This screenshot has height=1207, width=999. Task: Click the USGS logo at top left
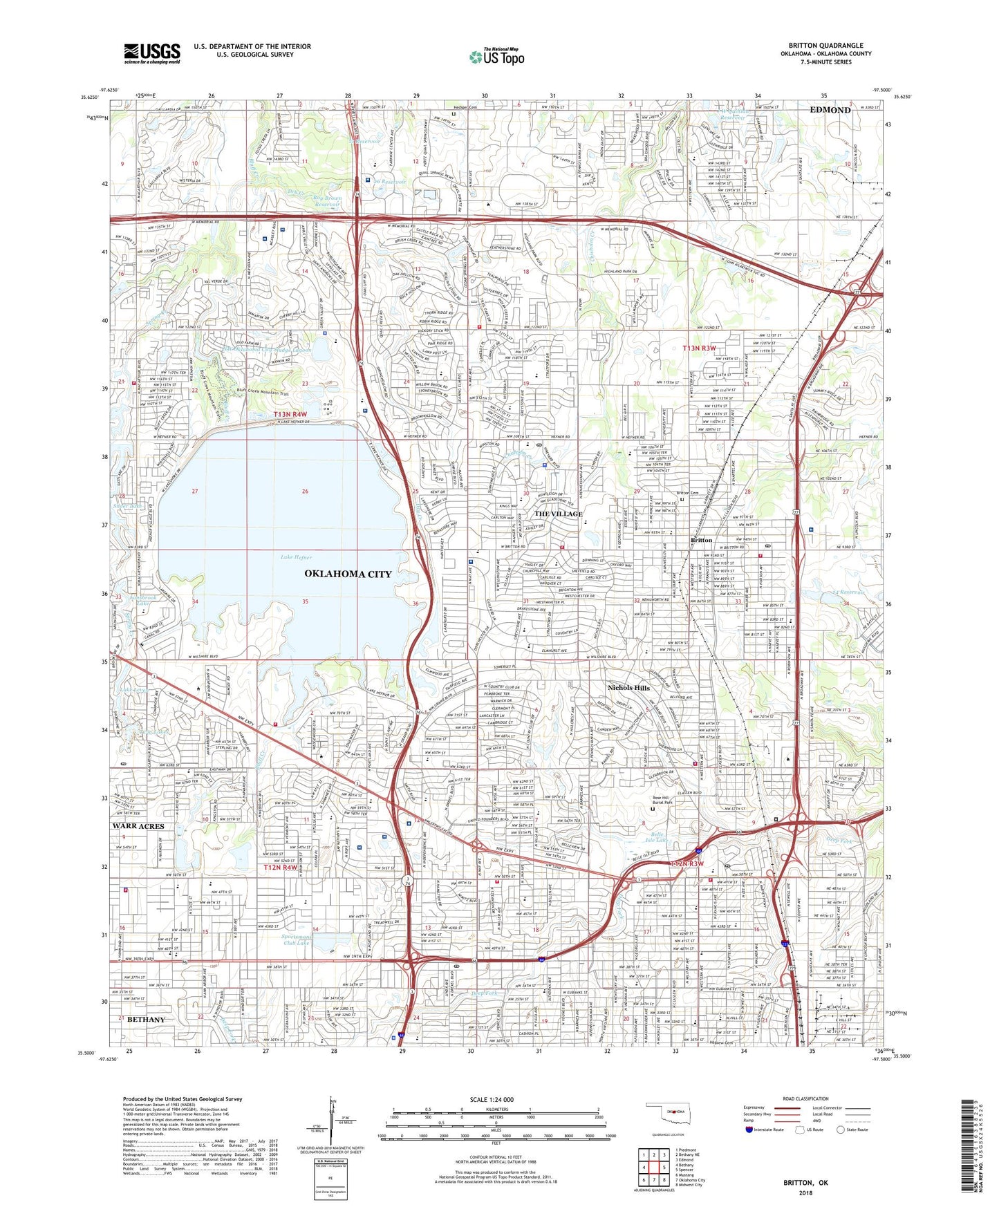point(152,53)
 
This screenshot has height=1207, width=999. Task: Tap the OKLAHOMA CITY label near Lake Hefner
point(348,574)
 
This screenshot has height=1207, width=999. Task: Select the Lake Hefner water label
point(296,557)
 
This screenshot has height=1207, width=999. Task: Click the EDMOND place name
point(830,110)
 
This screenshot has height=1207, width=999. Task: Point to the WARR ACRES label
point(139,826)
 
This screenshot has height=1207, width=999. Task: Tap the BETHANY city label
point(146,1020)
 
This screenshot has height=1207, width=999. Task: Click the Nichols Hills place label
point(628,688)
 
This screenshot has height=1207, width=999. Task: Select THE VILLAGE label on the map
point(558,514)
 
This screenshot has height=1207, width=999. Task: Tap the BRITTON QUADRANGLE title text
point(825,46)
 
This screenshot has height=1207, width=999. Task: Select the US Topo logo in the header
point(496,57)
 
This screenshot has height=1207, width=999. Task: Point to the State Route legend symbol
point(841,1130)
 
